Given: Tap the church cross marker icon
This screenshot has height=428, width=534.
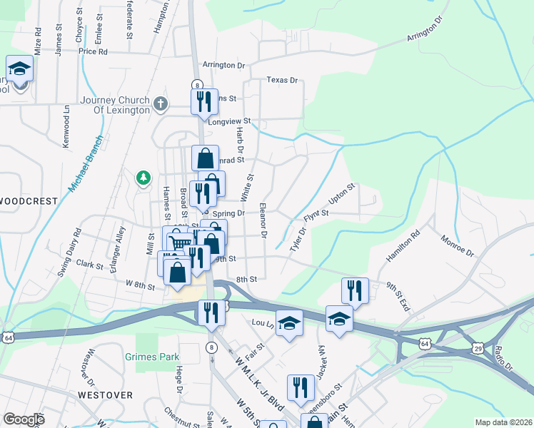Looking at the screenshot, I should (161, 105).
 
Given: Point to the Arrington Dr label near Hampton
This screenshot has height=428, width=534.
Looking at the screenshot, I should (223, 65).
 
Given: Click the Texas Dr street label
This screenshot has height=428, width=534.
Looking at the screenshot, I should (282, 80).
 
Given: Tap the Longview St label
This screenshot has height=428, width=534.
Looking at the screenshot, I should (230, 121).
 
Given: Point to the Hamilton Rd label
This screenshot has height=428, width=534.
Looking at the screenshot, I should (404, 246).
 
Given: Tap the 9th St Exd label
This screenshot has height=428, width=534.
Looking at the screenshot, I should (398, 296).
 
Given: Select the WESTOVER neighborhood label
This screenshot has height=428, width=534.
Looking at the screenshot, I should (105, 394).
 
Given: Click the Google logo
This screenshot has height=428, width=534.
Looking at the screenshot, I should (24, 419).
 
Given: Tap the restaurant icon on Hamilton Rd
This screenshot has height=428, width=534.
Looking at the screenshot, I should (355, 290).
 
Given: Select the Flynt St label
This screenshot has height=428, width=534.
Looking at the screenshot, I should (316, 214).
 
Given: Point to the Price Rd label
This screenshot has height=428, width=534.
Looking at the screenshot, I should (93, 51).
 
